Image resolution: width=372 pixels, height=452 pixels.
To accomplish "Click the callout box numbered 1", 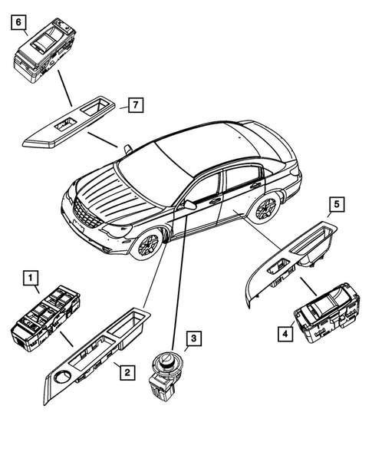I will (30, 276).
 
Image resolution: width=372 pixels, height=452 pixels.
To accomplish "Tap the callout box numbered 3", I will (193, 338).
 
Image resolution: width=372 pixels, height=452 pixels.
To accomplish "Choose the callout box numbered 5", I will (337, 204).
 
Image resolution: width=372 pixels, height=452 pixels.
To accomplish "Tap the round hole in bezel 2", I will (62, 378).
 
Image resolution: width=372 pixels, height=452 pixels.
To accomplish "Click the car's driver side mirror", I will (189, 206).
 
